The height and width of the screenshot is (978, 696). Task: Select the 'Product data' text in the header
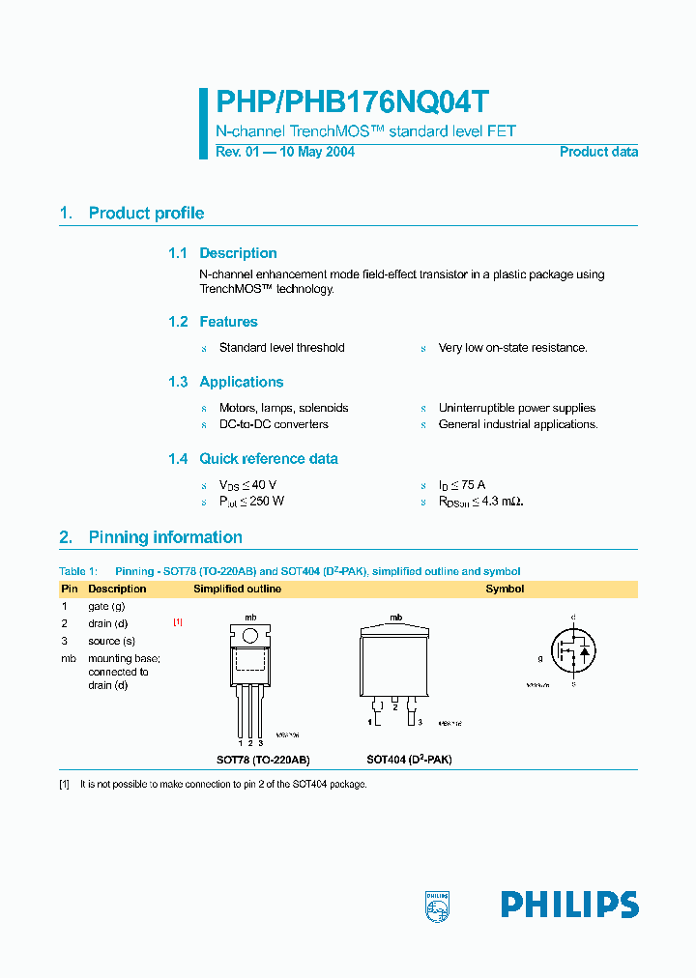click(x=598, y=152)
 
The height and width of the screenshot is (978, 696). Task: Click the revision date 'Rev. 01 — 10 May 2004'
click(x=284, y=152)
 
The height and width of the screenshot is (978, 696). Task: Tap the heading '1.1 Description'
click(x=222, y=253)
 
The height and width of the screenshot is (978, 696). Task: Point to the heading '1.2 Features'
click(x=213, y=322)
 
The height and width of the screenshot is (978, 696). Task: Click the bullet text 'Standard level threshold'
click(x=281, y=348)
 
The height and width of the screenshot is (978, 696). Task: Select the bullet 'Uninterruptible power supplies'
click(x=516, y=408)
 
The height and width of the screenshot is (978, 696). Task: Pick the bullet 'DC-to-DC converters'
click(x=274, y=424)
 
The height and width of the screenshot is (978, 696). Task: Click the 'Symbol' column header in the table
click(x=505, y=589)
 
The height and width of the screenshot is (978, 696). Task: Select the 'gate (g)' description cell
click(x=106, y=606)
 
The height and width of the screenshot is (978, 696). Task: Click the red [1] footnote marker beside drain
click(x=178, y=622)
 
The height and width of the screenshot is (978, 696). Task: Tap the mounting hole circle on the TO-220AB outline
click(x=250, y=636)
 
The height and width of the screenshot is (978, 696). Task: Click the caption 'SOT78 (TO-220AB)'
click(x=263, y=760)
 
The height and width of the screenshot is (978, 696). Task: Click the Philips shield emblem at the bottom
click(x=437, y=905)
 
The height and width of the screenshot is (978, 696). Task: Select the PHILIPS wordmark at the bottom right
click(x=569, y=905)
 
